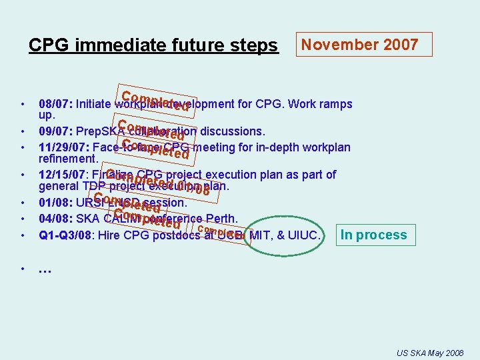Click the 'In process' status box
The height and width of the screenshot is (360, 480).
pos(373,235)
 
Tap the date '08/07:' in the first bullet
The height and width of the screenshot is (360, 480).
pos(56,104)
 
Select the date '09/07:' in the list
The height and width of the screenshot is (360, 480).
pos(56,131)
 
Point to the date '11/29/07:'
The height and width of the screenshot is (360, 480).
pos(65,147)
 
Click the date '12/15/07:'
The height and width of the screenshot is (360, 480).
pos(65,175)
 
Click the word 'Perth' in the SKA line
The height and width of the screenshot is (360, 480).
pos(221,219)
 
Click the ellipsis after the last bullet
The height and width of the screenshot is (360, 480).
pos(45,269)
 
